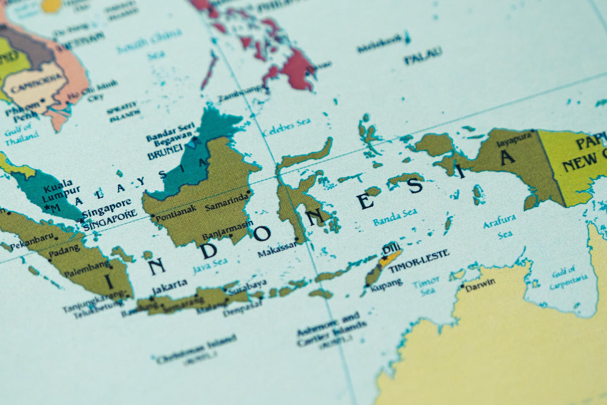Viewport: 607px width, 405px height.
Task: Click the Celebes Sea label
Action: click(287, 127)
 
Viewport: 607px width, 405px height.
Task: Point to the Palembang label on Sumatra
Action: click(86, 271)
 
